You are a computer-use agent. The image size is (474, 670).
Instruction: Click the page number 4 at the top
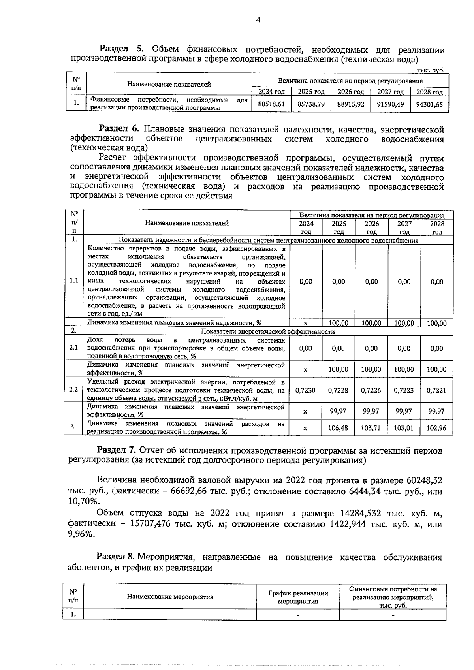click(x=258, y=20)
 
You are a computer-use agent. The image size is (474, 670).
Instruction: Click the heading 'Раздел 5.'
click(x=123, y=50)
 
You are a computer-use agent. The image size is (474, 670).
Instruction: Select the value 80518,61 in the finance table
click(x=271, y=104)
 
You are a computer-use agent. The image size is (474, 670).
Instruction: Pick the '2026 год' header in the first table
click(x=350, y=92)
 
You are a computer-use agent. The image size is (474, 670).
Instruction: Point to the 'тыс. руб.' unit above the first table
click(x=431, y=70)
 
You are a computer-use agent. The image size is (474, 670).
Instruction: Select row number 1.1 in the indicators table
click(x=73, y=281)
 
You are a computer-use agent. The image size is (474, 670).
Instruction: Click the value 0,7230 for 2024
click(x=305, y=390)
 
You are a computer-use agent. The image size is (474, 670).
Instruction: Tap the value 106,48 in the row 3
click(x=338, y=427)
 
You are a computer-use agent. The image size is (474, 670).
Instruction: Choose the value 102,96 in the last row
click(x=436, y=427)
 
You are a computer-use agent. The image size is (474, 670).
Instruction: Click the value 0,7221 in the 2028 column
click(x=436, y=390)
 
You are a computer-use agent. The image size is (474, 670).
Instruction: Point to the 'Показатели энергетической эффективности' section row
click(x=268, y=331)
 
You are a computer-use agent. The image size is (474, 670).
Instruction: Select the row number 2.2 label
click(x=73, y=390)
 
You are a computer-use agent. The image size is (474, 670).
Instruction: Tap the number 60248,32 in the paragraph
click(x=423, y=480)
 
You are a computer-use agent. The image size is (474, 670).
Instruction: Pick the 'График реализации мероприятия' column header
click(x=298, y=597)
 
